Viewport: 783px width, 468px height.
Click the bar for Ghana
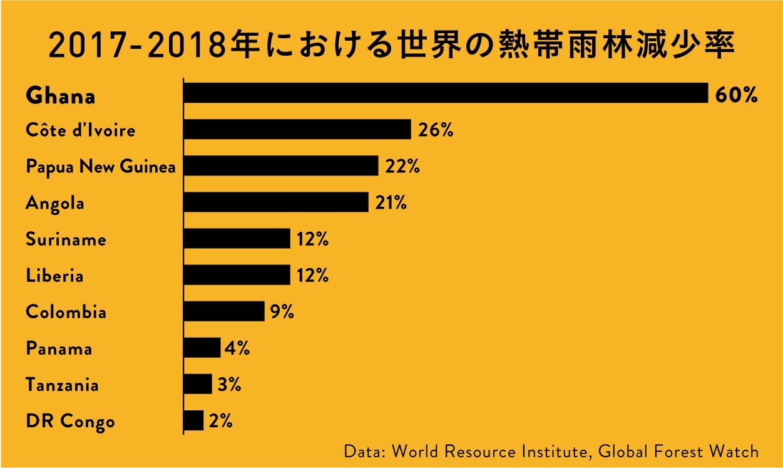click(446, 93)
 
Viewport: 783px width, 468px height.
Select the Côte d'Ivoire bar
click(297, 130)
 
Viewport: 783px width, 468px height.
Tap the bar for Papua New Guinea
click(281, 166)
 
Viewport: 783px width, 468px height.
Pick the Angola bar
click(276, 202)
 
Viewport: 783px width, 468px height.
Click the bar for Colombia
click(224, 311)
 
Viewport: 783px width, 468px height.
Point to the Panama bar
click(202, 348)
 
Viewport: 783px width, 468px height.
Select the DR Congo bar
click(194, 420)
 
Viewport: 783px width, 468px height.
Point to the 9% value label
click(282, 312)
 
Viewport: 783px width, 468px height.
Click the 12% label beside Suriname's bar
click(312, 239)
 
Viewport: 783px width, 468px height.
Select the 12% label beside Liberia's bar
click(312, 276)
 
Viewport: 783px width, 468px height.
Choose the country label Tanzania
click(62, 385)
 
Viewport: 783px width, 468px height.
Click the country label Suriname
click(66, 239)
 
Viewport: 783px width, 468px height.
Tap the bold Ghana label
click(61, 96)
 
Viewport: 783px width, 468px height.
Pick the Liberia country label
click(54, 276)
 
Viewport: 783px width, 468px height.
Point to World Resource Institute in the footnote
click(488, 451)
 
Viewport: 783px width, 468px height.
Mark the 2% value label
click(221, 421)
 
